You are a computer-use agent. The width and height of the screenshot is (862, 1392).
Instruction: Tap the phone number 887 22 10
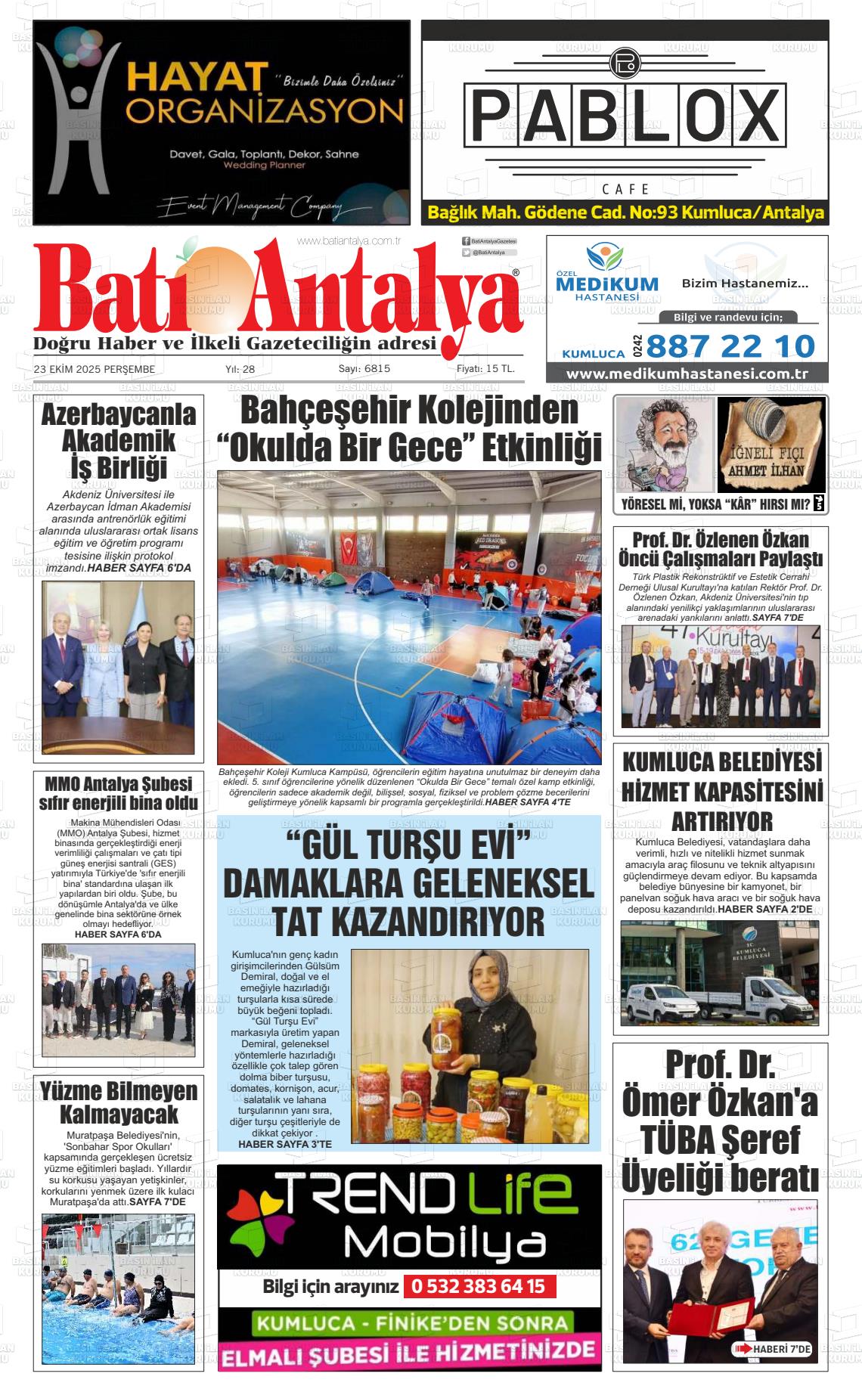pyautogui.click(x=730, y=346)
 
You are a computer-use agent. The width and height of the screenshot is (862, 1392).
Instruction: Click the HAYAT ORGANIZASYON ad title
pyautogui.click(x=263, y=95)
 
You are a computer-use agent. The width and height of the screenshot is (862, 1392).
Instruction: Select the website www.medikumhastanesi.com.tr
pyautogui.click(x=687, y=374)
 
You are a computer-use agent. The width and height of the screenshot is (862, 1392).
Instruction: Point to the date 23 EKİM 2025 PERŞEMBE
pyautogui.click(x=95, y=369)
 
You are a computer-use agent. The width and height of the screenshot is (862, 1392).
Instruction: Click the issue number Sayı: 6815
pyautogui.click(x=364, y=368)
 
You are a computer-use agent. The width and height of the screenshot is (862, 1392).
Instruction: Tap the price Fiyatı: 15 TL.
pyautogui.click(x=485, y=368)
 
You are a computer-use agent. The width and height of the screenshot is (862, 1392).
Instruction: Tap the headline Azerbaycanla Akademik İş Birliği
pyautogui.click(x=118, y=441)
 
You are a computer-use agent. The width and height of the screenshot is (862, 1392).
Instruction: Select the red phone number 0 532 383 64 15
pyautogui.click(x=479, y=1286)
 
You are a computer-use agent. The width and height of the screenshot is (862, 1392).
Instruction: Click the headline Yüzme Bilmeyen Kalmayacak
pyautogui.click(x=118, y=1102)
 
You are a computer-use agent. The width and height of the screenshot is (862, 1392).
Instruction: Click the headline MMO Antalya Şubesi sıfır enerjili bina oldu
pyautogui.click(x=118, y=792)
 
